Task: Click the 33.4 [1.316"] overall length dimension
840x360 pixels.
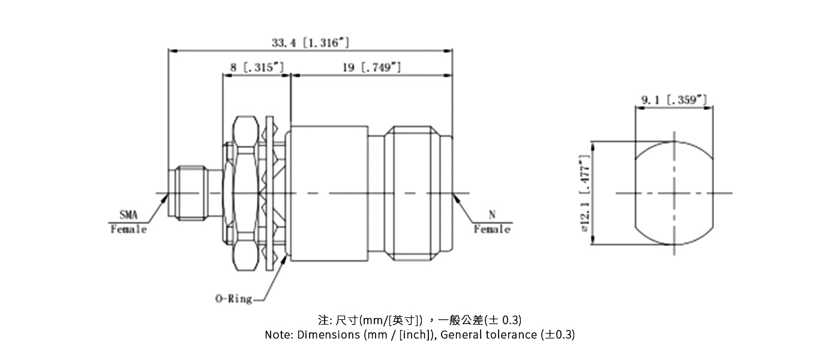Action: (310, 43)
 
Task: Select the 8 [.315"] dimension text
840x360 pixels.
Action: (256, 67)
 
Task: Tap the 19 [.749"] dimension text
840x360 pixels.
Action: (371, 67)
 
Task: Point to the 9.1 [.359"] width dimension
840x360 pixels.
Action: (674, 100)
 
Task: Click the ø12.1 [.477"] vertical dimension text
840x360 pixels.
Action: (585, 193)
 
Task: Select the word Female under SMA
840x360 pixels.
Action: (128, 229)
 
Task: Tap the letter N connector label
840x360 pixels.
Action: (492, 215)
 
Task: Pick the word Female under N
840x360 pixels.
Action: (492, 229)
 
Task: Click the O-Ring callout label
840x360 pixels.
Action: (233, 298)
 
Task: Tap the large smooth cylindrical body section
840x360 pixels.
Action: (329, 193)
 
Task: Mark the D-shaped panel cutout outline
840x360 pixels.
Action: (674, 193)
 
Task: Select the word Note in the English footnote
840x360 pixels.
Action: (279, 335)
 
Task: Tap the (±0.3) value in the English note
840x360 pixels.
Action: (557, 335)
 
